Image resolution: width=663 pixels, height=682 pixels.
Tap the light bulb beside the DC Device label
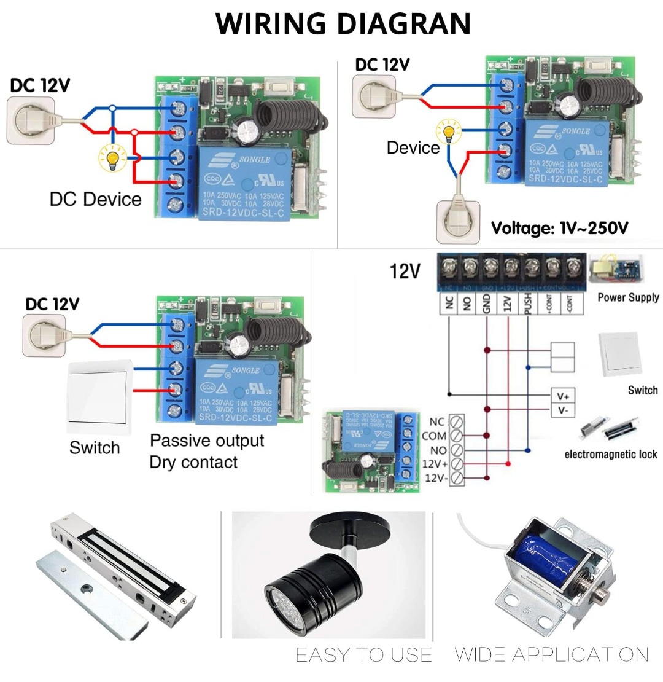[x=112, y=160]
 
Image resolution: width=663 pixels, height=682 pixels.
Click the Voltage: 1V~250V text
[x=559, y=229]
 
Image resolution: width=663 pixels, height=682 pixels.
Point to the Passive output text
[x=207, y=441]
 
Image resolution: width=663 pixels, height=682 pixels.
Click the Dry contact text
[x=193, y=462]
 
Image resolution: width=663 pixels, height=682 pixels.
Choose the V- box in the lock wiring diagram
[x=563, y=410]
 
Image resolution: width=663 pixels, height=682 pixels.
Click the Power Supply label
[x=628, y=297]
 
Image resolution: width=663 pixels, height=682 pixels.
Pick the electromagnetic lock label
[x=611, y=455]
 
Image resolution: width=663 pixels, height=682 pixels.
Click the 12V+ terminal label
[x=435, y=464]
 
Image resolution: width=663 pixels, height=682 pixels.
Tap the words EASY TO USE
[x=364, y=655]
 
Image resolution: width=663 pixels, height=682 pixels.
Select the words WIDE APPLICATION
[x=552, y=655]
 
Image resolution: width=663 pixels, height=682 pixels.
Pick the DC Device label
[x=96, y=199]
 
